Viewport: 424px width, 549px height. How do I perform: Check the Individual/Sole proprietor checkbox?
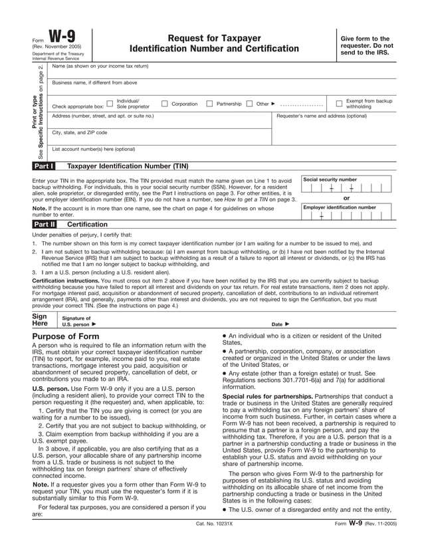coord(110,104)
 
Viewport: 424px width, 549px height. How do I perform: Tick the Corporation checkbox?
coord(164,104)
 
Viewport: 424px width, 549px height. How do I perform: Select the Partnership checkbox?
coord(209,104)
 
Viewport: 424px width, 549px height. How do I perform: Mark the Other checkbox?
coord(249,104)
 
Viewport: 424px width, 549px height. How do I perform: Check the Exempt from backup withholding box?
coord(339,104)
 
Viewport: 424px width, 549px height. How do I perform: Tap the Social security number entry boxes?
coord(346,188)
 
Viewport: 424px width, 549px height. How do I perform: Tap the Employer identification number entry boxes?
coord(346,215)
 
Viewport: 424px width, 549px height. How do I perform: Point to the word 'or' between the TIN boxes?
coord(346,198)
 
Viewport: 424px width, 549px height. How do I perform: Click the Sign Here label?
coord(40,320)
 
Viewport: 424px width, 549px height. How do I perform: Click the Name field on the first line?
coord(219,72)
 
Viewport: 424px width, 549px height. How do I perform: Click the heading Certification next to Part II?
coord(87,225)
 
